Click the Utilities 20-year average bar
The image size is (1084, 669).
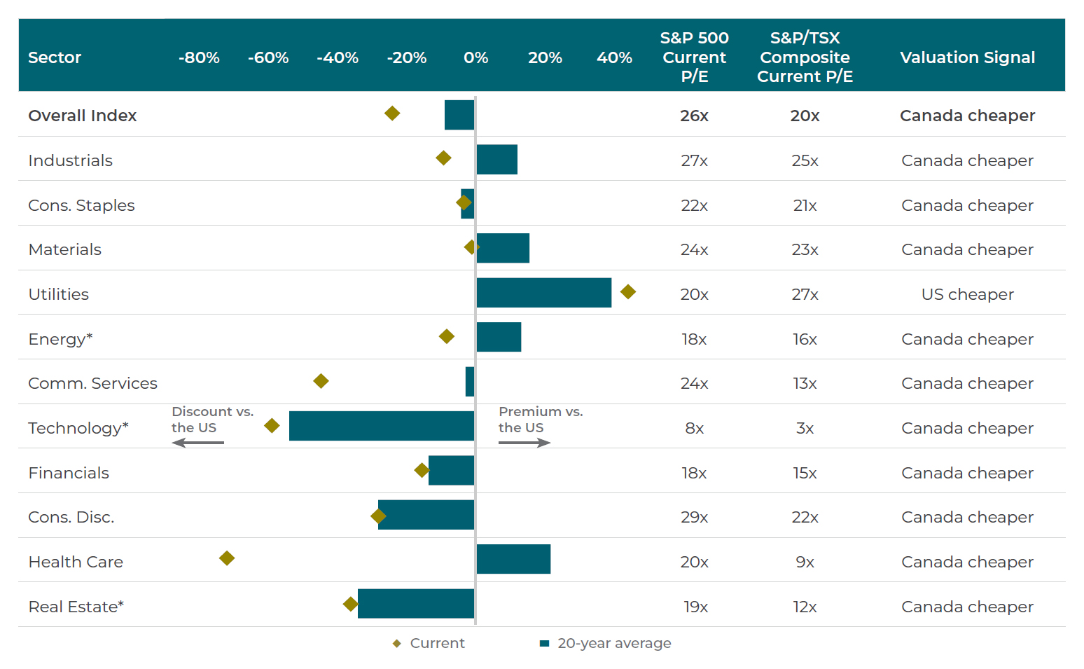(543, 293)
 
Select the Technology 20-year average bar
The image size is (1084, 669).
(382, 426)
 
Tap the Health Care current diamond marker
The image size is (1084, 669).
(227, 558)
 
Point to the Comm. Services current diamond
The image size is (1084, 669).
(321, 381)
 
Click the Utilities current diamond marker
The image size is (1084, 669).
(628, 291)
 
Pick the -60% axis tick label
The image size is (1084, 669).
(268, 57)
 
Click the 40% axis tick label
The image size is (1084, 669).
(614, 57)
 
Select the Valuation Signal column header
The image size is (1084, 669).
(967, 57)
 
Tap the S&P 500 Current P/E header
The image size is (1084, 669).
(694, 57)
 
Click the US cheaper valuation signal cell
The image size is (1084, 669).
(967, 294)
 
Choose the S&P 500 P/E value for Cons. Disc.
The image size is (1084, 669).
(694, 517)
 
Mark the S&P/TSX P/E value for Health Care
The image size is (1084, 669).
(805, 562)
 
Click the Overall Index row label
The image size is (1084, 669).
(83, 116)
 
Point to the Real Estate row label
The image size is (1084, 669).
(76, 607)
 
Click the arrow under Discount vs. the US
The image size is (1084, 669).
(197, 443)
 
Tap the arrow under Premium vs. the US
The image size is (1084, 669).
(524, 443)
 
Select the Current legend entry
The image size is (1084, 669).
(429, 643)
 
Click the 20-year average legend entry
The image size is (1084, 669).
(606, 643)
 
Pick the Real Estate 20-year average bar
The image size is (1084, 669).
(416, 604)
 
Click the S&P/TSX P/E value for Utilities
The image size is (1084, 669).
(805, 294)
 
